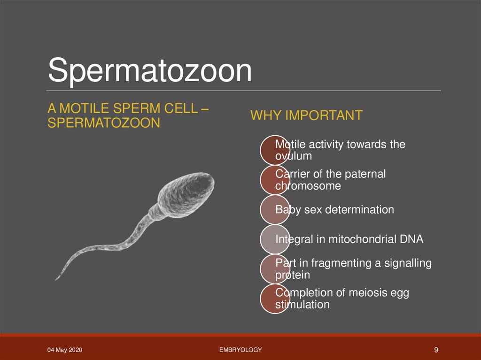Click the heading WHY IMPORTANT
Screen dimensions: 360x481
tap(306, 115)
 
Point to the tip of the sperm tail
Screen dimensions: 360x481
tap(57, 279)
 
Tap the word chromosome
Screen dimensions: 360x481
tap(308, 186)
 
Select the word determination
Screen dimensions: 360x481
tap(363, 209)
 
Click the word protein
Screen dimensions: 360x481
tap(292, 275)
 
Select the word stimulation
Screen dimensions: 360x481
tap(302, 305)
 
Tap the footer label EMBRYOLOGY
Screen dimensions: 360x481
tap(240, 350)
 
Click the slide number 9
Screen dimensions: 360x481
tap(436, 350)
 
